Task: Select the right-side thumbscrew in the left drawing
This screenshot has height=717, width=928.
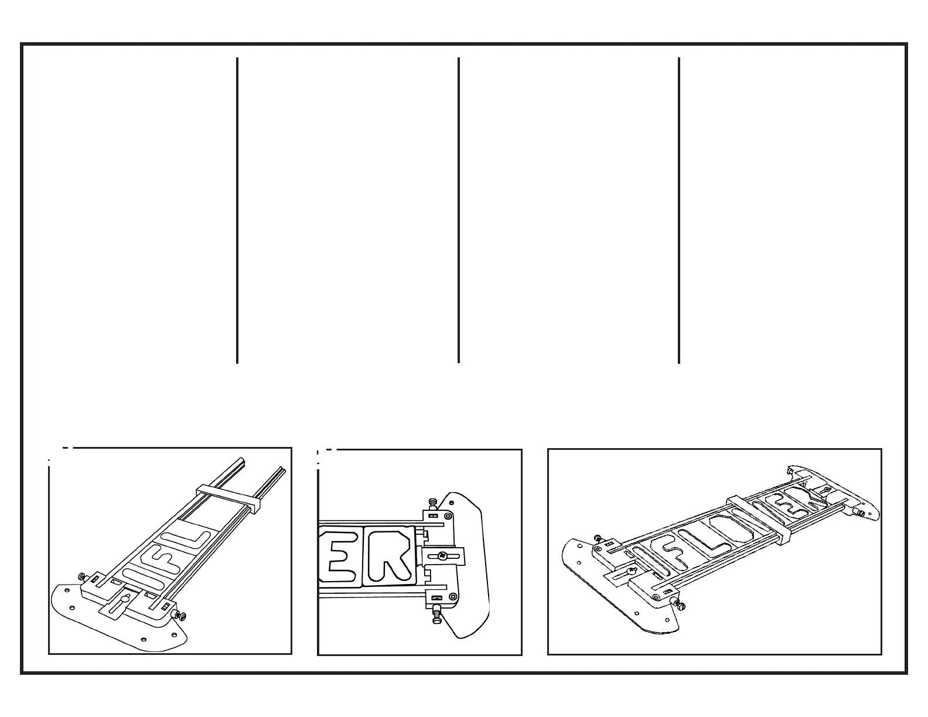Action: click(x=180, y=616)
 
